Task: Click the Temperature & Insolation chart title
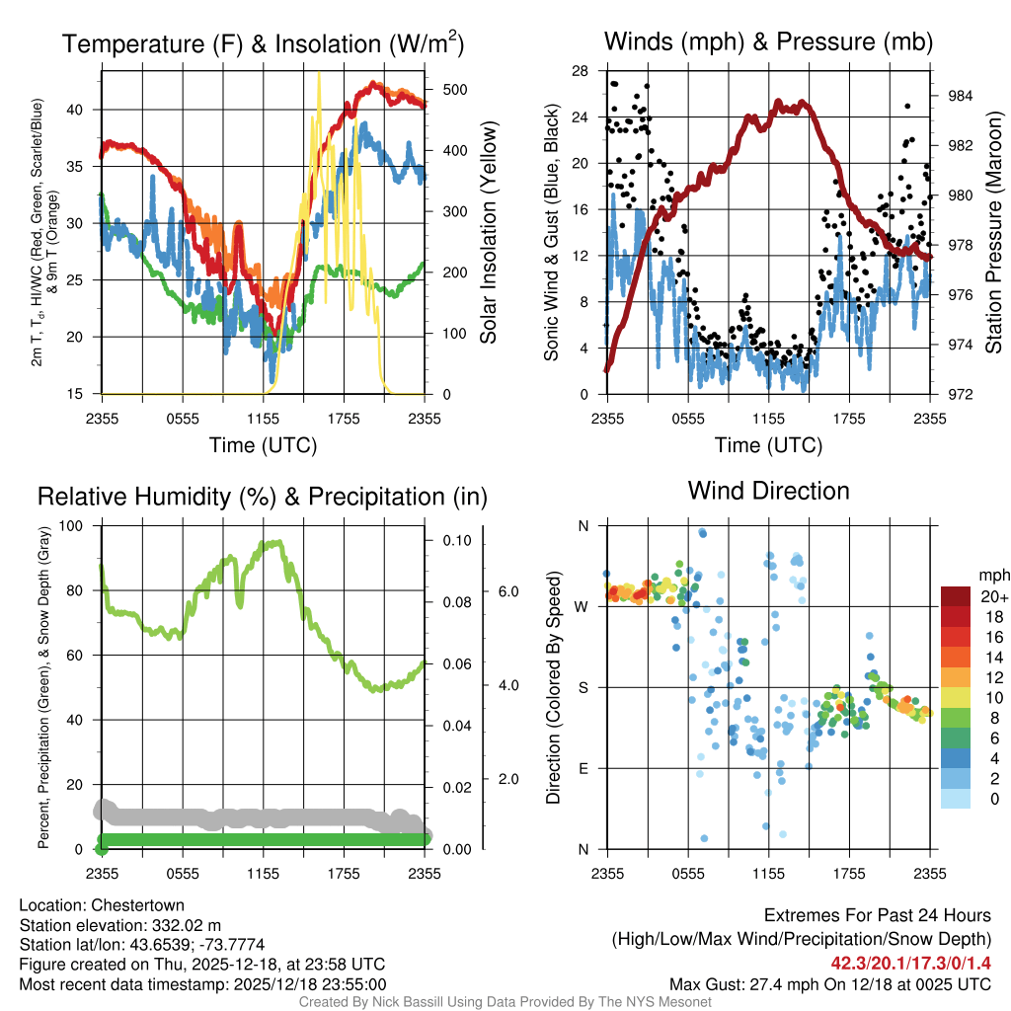(x=264, y=43)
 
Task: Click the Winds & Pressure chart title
(x=768, y=41)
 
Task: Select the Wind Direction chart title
(x=768, y=491)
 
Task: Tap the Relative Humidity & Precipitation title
(x=262, y=497)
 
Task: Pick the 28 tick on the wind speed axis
(x=580, y=71)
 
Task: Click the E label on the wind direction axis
(x=583, y=768)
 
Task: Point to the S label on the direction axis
(x=583, y=687)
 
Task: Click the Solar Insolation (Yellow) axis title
(x=488, y=233)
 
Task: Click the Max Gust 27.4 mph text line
(x=829, y=984)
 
